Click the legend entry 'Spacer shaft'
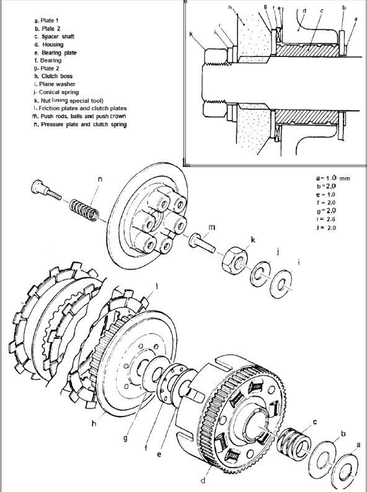tap(59, 37)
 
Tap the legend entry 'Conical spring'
tap(61, 92)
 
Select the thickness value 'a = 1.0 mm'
tap(332, 178)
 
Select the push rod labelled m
tap(198, 242)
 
